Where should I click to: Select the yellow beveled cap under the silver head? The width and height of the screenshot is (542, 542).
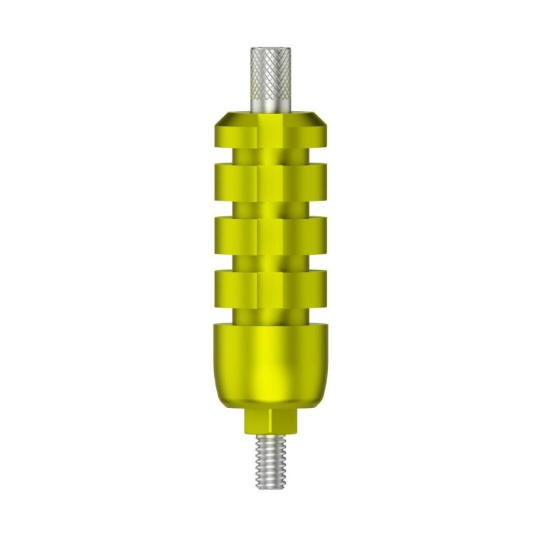tap(271, 129)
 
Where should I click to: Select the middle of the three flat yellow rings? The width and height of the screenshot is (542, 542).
tap(271, 232)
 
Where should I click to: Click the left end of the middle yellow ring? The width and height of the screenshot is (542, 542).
tap(219, 232)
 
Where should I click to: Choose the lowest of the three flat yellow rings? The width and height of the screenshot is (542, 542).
tap(271, 285)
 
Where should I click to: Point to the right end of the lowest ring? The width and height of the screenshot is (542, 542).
tap(323, 285)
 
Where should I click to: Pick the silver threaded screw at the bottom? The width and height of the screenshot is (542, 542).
tap(271, 461)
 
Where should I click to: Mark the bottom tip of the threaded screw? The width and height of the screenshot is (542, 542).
tap(271, 488)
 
